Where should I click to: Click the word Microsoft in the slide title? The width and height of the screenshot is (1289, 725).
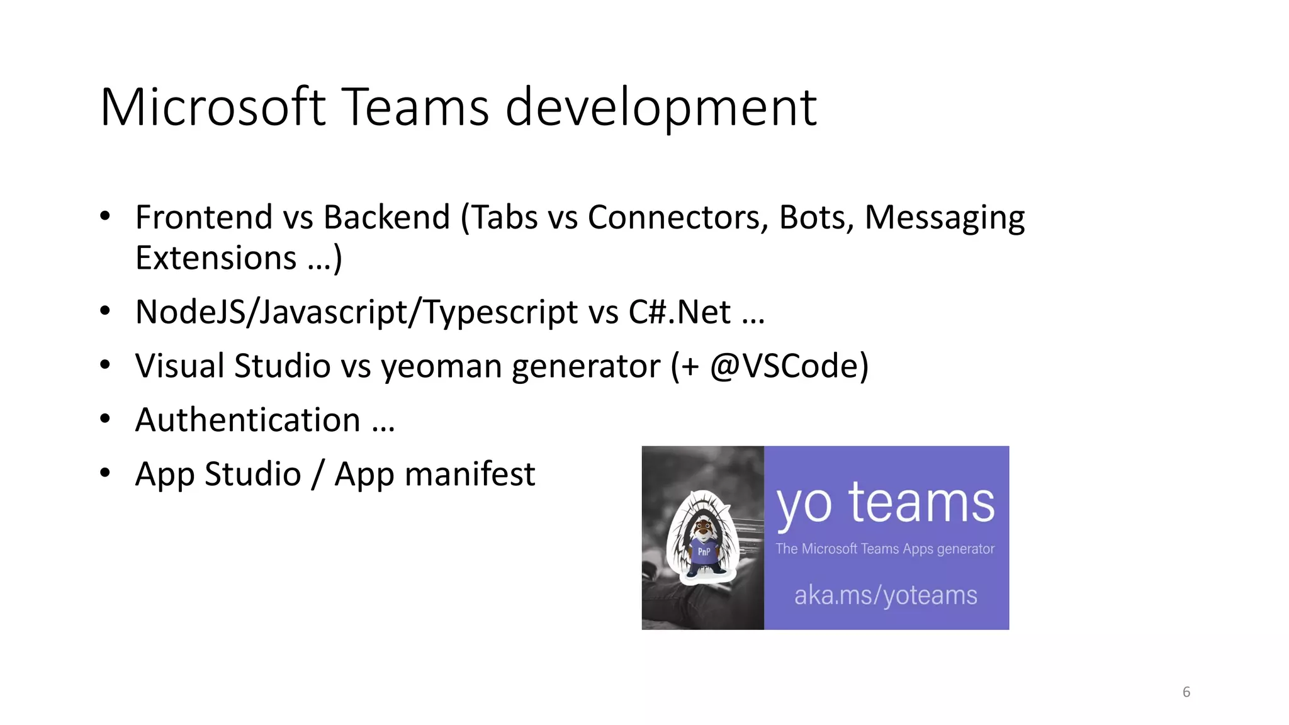213,107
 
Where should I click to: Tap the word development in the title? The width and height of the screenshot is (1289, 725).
661,108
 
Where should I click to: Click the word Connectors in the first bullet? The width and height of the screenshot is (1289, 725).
677,218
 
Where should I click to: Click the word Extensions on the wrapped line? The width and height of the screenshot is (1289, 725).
216,258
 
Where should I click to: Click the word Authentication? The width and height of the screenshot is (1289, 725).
247,420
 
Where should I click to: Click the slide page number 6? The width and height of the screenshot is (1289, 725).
1186,692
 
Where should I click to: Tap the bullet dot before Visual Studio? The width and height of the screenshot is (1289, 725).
105,364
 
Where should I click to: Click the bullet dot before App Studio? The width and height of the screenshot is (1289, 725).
105,473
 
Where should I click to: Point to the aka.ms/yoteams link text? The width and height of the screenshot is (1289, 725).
886,595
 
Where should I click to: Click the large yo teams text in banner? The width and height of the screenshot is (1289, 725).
886,504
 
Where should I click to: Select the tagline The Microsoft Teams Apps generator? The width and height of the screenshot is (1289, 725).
885,549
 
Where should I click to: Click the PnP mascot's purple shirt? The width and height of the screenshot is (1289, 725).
704,551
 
